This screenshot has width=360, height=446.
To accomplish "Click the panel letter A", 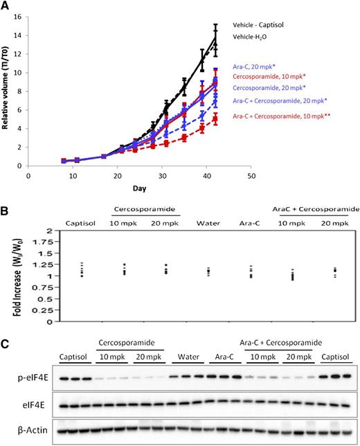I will pyautogui.click(x=5, y=6).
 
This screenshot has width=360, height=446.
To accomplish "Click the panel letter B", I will pyautogui.click(x=5, y=206).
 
